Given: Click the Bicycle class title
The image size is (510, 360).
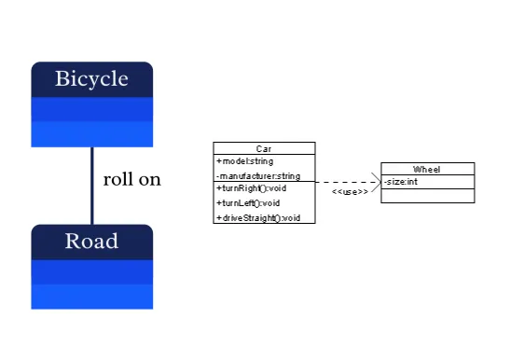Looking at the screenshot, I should tap(91, 78).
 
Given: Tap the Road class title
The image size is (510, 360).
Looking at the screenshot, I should tap(91, 242).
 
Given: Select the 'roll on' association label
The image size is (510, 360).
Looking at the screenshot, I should tap(131, 179).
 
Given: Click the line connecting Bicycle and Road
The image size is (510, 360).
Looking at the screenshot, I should tap(91, 186).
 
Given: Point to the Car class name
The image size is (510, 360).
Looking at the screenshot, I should tap(264, 148).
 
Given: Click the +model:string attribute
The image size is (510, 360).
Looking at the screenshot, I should tap(245, 161).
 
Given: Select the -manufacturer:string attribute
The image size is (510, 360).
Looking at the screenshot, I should tap(258, 175).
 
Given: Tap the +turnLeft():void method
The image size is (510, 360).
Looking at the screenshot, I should tap(248, 202).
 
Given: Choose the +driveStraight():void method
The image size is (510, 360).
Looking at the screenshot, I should tap(258, 217).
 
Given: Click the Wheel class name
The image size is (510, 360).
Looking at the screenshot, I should tap(427, 169).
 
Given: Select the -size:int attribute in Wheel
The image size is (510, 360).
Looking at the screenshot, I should tap(401, 182).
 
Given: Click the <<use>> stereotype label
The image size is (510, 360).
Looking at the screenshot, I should tap(349, 192).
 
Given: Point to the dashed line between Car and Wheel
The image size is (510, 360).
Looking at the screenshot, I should tap(345, 182).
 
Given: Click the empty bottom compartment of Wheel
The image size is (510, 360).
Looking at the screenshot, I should tap(427, 196).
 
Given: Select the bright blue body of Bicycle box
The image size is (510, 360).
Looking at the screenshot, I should tap(91, 121).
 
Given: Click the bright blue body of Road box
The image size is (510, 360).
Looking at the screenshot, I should tap(91, 284).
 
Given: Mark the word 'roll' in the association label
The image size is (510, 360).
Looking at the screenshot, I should tap(117, 179).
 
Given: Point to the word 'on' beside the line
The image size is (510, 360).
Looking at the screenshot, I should tap(149, 179).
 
